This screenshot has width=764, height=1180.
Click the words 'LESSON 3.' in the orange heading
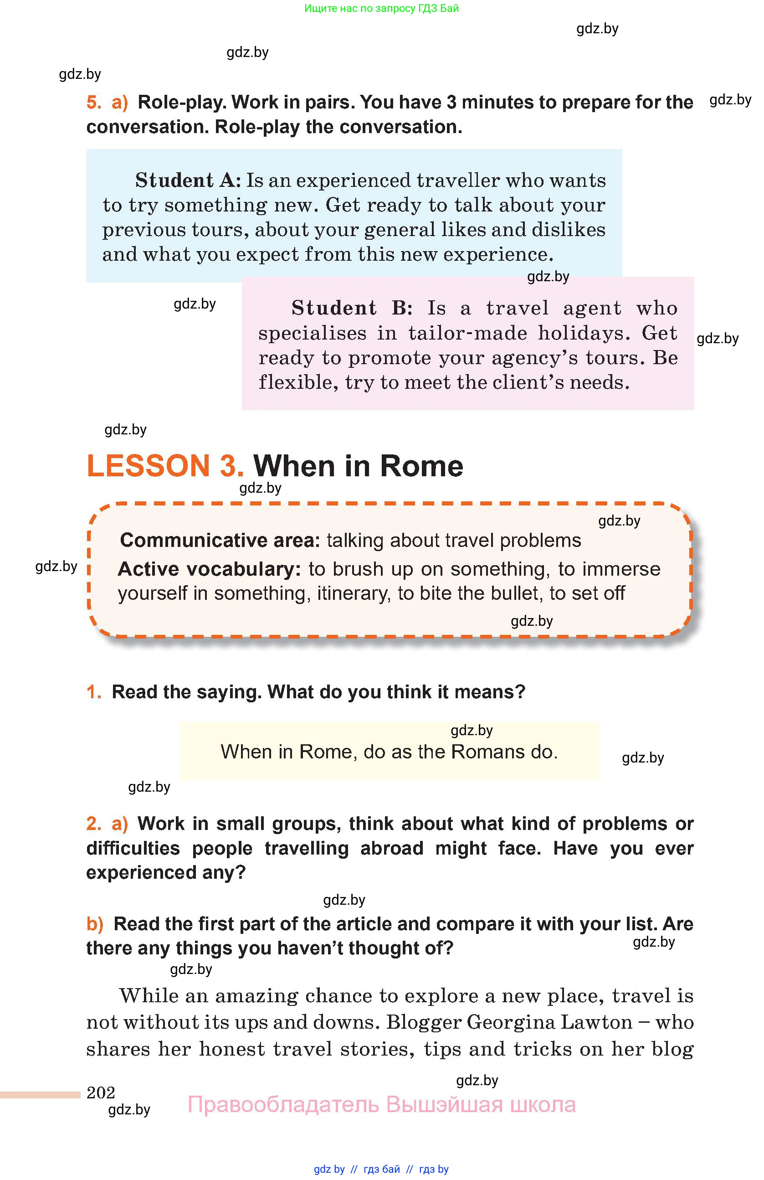tap(165, 466)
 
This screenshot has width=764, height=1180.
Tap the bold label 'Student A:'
tap(188, 180)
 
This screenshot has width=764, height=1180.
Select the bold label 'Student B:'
tap(351, 308)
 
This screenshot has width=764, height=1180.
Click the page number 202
tap(101, 1092)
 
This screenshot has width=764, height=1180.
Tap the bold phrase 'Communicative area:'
tap(220, 540)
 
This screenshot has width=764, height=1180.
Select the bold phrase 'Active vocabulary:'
tap(209, 569)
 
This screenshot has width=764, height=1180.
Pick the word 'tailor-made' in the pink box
tap(467, 333)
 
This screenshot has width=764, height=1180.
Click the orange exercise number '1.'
tap(94, 692)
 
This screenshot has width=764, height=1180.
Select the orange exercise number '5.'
tap(94, 102)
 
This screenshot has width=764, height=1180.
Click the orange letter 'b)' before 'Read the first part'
tap(95, 924)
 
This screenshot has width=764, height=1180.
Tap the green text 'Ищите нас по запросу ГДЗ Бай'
tap(381, 8)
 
